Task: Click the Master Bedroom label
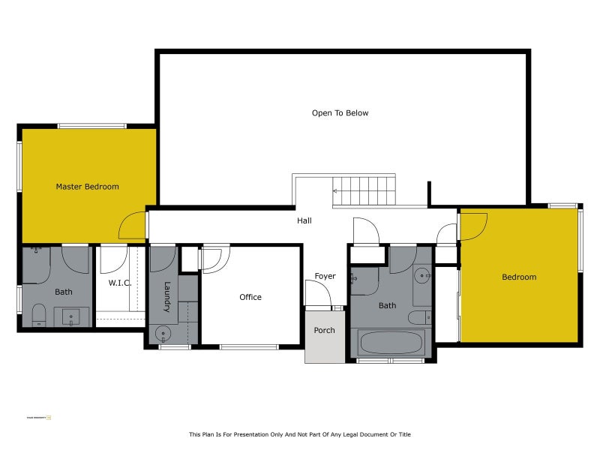(87, 187)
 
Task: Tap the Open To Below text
(340, 113)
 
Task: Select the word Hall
(304, 220)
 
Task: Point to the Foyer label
(325, 277)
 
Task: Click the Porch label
(324, 330)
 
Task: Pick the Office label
(250, 297)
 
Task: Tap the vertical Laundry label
(167, 297)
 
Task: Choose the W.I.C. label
(120, 283)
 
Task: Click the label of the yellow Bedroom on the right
(519, 277)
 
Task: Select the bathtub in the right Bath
(391, 342)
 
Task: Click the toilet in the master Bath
(40, 315)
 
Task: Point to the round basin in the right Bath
(421, 274)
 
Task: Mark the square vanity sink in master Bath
(71, 316)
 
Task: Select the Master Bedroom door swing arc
(131, 225)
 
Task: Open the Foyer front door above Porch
(318, 294)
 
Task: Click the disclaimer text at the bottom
(299, 434)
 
